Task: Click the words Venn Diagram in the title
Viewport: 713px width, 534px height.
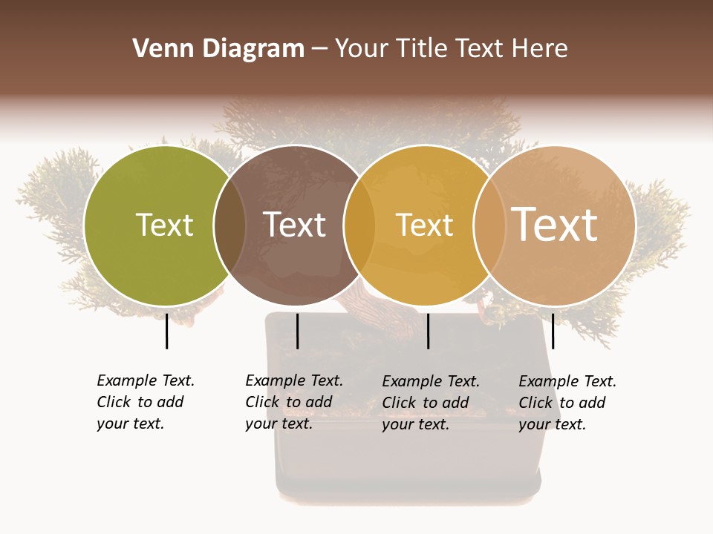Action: pos(218,49)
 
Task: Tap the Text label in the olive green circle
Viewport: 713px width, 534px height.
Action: pos(164,225)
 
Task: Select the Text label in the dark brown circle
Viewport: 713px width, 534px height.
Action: pos(294,225)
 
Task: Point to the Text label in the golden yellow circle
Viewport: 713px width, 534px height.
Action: pos(424,225)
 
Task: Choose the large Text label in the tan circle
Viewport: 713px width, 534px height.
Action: pos(555,224)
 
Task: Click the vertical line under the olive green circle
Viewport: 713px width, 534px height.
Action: pos(166,331)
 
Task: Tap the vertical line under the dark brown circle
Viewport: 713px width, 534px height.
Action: pos(297,331)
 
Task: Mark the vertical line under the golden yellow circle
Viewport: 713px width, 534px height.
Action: pos(428,331)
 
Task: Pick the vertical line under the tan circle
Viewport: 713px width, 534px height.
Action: pos(553,331)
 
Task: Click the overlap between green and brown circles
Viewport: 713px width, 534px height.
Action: pos(229,225)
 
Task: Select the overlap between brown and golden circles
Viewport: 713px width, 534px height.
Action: pos(359,225)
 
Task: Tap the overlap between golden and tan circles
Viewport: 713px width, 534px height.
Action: pos(489,225)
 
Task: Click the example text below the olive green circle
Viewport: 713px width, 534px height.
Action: pos(146,402)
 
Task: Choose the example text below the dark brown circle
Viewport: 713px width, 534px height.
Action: pos(294,402)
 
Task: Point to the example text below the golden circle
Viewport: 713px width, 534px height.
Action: pos(431,403)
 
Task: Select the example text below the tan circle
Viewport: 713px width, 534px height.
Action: pos(567,403)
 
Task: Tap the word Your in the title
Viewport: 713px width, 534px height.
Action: pos(362,49)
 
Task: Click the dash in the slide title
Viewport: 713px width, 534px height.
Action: pos(319,50)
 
